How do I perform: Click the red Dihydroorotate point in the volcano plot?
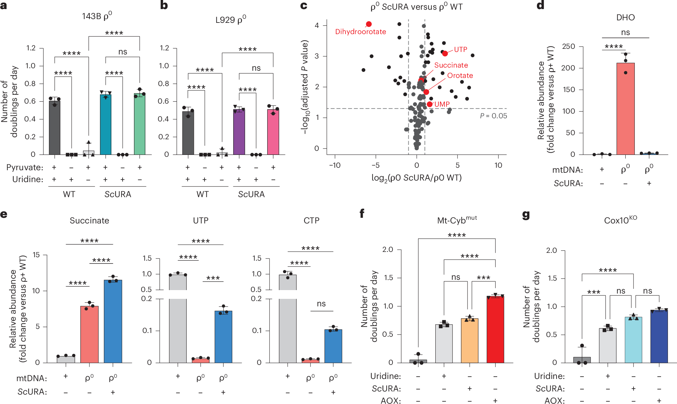369,24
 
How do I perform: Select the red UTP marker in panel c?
445,54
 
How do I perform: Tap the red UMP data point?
430,104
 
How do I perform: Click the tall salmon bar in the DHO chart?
625,110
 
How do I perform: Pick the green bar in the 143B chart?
139,125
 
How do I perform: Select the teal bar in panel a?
106,125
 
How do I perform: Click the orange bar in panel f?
469,341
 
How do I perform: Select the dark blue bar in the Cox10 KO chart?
659,336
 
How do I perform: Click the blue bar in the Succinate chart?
113,322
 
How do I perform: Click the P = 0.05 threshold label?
493,116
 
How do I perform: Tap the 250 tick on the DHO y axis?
568,46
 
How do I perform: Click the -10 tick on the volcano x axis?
335,165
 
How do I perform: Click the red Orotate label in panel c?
460,75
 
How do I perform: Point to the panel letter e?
4,214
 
